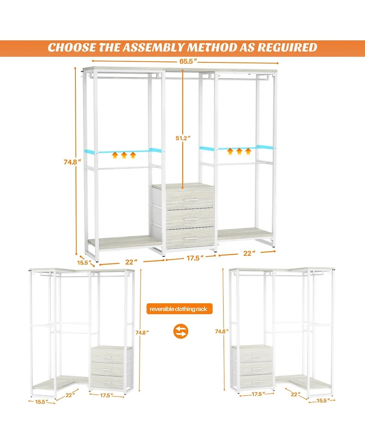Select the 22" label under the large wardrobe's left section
(x=131, y=262)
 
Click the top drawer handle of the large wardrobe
(x=190, y=200)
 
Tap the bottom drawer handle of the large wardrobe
(x=190, y=239)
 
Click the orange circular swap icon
(x=182, y=331)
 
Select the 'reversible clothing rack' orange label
(x=179, y=309)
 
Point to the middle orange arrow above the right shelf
(x=239, y=151)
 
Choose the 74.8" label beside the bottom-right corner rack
(x=221, y=331)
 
